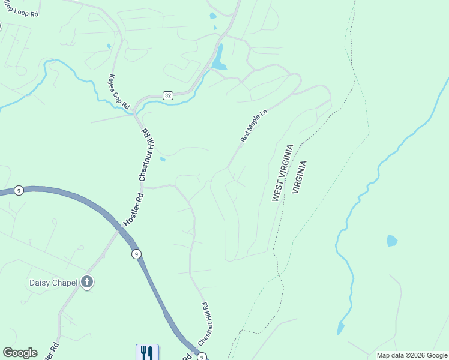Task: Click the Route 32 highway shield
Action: (x=168, y=95)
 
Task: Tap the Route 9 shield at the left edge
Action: (x=19, y=191)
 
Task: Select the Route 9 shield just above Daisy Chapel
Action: (x=137, y=254)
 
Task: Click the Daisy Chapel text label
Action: (x=55, y=282)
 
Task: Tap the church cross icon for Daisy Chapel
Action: (x=88, y=282)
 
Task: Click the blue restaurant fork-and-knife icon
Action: (x=147, y=352)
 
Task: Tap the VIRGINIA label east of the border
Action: (x=299, y=177)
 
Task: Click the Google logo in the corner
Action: (x=20, y=353)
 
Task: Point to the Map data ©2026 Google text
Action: (x=412, y=355)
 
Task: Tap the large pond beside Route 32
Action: (x=219, y=59)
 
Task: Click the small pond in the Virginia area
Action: (x=392, y=241)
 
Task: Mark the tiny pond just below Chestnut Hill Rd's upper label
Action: (x=163, y=159)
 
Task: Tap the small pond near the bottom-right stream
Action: (x=341, y=328)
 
